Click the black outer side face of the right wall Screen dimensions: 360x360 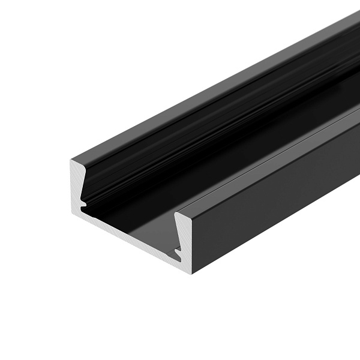[x=270, y=204]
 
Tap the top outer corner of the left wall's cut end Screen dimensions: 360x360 [x=71, y=159]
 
